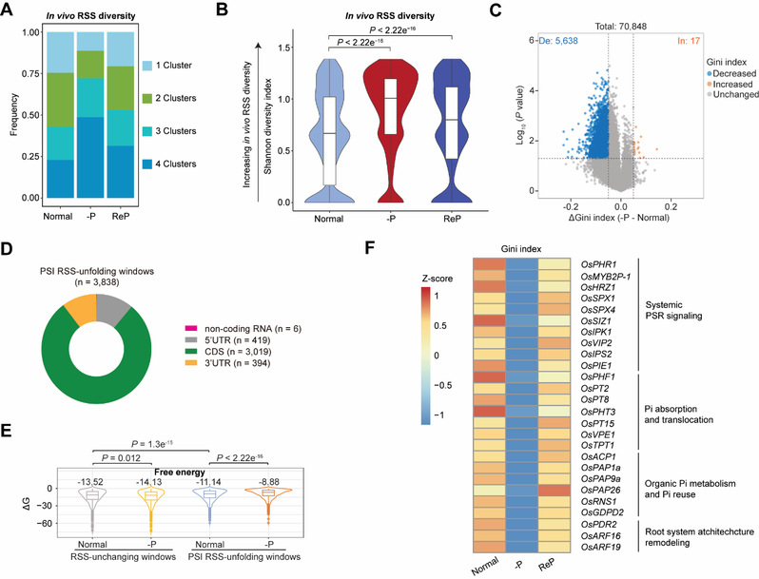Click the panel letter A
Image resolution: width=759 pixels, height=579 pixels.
9,11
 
